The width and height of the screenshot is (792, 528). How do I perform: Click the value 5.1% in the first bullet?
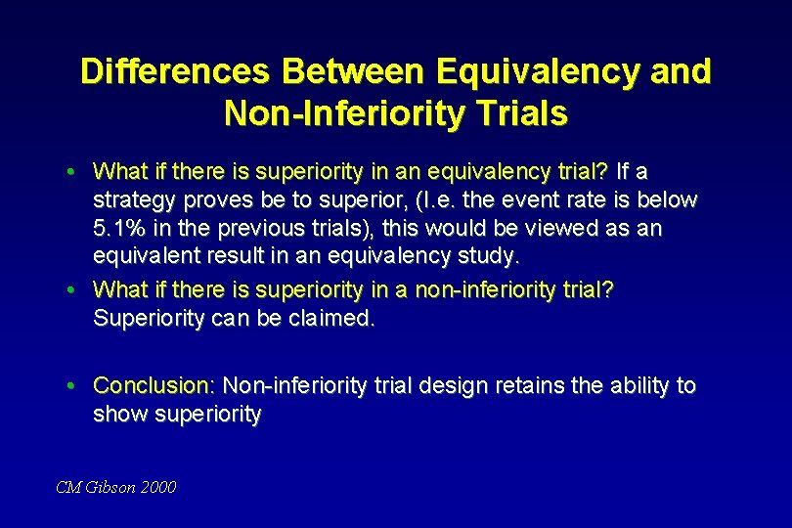pyautogui.click(x=118, y=228)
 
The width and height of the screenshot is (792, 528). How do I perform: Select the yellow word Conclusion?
pyautogui.click(x=154, y=385)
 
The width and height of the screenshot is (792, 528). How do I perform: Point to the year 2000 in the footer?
pyautogui.click(x=158, y=486)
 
